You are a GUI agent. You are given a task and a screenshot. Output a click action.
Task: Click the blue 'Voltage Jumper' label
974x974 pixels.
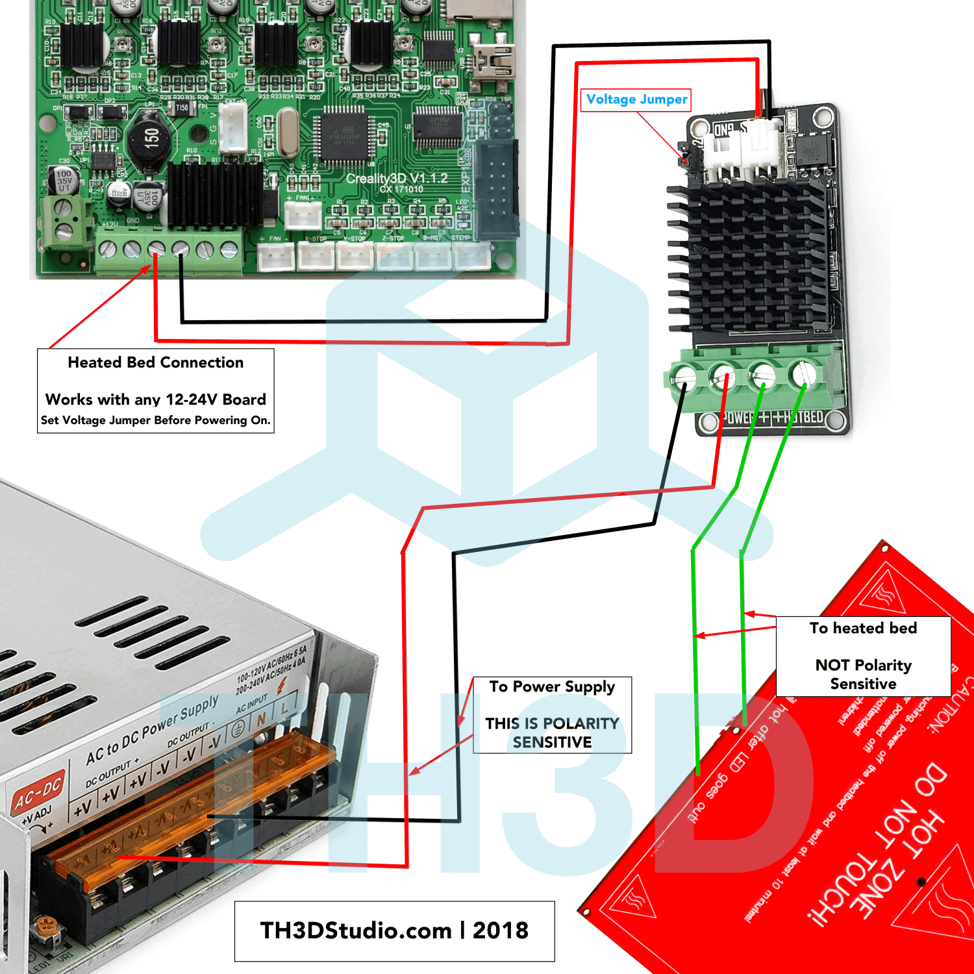click(636, 99)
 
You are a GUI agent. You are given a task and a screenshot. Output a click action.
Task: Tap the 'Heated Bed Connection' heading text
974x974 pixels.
click(156, 362)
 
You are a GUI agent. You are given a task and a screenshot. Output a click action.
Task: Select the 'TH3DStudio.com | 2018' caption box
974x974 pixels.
click(394, 930)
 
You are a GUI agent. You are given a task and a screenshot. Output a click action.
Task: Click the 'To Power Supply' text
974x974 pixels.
click(552, 687)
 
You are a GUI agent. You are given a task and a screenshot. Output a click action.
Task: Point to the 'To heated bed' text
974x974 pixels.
click(863, 628)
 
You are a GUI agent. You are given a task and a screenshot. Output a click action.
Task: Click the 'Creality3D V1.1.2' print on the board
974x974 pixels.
click(396, 178)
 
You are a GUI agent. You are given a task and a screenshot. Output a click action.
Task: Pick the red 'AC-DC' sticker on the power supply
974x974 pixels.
click(38, 793)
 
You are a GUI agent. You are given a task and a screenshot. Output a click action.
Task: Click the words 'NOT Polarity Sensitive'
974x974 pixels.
click(863, 674)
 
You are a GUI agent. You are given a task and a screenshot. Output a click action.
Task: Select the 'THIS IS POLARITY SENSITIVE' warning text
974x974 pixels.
click(552, 732)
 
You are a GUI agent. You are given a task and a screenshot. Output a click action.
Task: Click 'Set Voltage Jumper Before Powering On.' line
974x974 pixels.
click(156, 420)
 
